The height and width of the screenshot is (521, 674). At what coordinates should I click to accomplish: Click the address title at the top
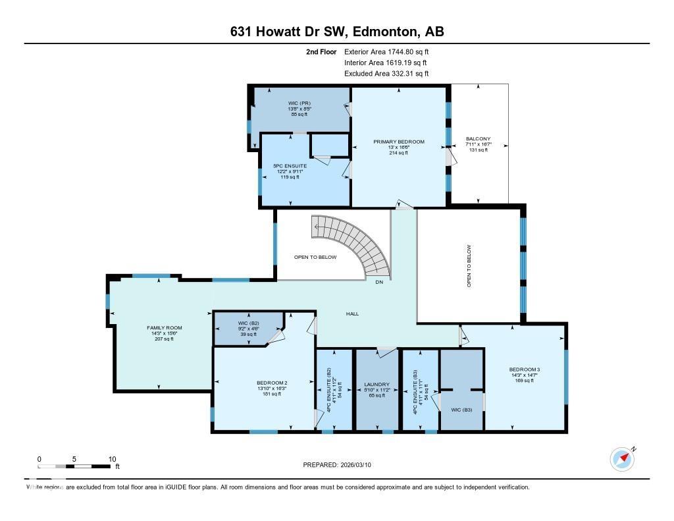click(x=337, y=32)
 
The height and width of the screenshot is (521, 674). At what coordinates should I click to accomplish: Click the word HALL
click(x=353, y=314)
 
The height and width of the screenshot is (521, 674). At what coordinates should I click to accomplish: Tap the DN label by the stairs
click(x=379, y=283)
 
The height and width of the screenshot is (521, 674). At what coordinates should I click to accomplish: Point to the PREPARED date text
click(x=342, y=464)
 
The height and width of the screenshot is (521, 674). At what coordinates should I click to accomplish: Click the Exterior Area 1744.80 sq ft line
click(x=387, y=51)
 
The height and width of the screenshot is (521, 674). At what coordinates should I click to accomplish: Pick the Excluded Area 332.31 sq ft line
click(x=387, y=74)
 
